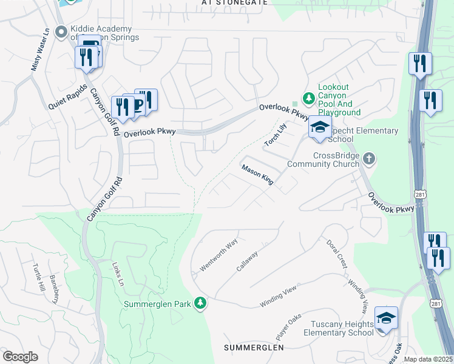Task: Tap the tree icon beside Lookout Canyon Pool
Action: tap(309, 97)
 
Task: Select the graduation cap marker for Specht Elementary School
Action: tap(320, 127)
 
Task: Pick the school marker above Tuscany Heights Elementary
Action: tap(386, 318)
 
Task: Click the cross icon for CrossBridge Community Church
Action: tap(369, 159)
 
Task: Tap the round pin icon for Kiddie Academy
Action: tap(61, 32)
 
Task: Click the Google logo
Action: tap(20, 357)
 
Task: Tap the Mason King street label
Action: tap(258, 174)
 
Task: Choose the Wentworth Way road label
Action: tap(219, 255)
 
